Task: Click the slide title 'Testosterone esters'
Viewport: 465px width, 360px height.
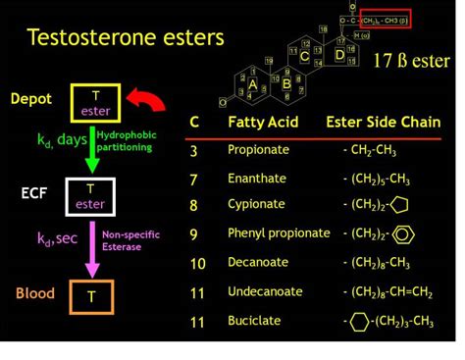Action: pos(126,38)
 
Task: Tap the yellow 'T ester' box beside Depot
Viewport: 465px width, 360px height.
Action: pos(95,102)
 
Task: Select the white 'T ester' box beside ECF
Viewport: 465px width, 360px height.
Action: pos(89,195)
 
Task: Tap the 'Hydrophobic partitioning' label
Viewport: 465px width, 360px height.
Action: pos(125,141)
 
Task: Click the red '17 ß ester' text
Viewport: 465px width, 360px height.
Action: pos(411,61)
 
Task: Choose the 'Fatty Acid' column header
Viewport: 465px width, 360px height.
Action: pos(262,122)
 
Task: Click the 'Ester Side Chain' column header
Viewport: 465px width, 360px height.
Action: pos(384,122)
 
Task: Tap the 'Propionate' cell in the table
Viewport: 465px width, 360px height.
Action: pos(258,150)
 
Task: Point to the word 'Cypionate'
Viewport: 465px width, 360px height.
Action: pos(256,204)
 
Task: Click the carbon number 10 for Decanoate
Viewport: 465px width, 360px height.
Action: pos(197,263)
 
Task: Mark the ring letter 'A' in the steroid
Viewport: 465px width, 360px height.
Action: pos(253,85)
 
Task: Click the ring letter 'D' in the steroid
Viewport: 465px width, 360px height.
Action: pos(338,55)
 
